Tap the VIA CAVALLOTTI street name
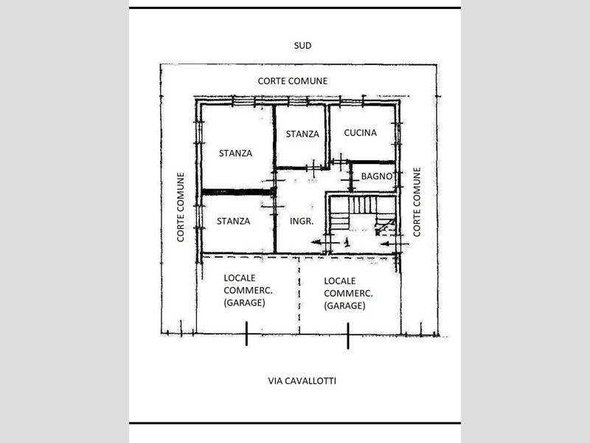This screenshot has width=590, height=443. (x=302, y=381)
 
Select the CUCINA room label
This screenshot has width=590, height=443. (x=361, y=133)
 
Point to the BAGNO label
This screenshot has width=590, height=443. (x=376, y=176)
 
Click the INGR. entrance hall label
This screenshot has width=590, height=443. (x=302, y=221)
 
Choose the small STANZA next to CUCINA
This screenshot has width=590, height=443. (x=302, y=134)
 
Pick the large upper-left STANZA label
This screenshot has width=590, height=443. (x=235, y=154)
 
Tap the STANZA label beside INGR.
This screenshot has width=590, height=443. (x=233, y=221)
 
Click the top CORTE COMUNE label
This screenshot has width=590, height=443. (x=293, y=81)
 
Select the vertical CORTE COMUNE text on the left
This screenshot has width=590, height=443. (x=180, y=207)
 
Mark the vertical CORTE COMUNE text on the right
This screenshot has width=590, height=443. (x=417, y=202)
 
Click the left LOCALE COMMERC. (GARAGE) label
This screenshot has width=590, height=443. (x=246, y=292)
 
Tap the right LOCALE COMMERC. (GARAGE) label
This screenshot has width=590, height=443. (x=344, y=293)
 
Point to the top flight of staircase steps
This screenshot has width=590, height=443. (x=362, y=205)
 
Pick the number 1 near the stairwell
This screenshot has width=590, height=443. (x=347, y=241)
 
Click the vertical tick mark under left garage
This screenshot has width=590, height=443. (x=247, y=336)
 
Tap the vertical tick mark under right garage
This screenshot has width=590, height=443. (x=347, y=336)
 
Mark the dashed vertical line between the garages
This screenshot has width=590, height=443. (x=299, y=295)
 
